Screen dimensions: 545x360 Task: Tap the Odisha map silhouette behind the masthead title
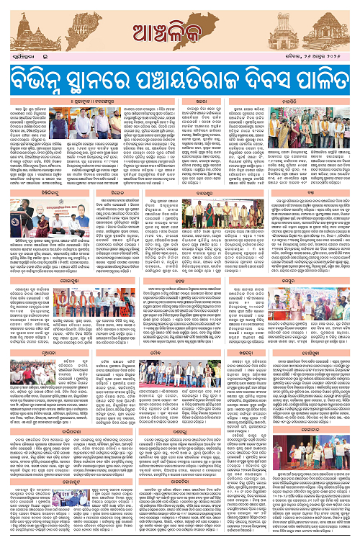(181, 18)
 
